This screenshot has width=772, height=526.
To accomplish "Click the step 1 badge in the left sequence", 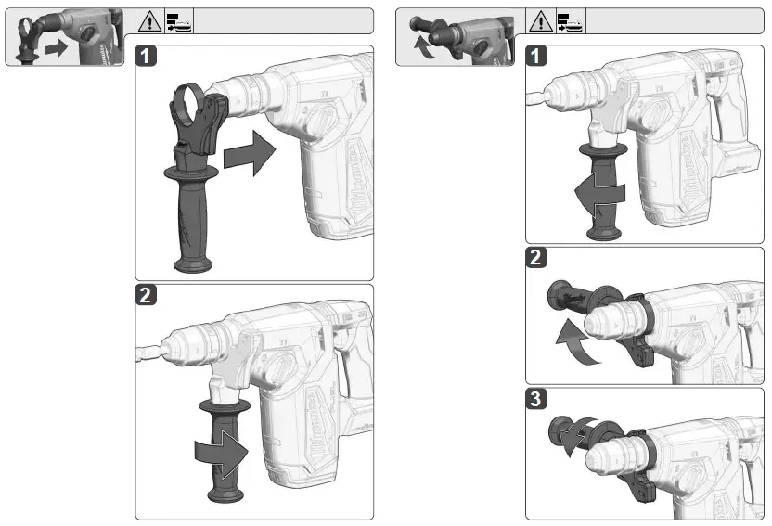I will (148, 57).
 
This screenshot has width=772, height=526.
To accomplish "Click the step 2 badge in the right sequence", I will (537, 259).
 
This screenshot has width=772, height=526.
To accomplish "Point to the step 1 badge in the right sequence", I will (537, 57).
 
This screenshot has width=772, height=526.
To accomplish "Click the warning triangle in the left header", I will (148, 21).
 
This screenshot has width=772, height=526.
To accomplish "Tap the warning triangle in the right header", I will (540, 21).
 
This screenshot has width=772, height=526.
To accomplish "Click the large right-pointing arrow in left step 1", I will (251, 153).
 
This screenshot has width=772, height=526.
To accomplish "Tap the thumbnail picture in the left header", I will (65, 37).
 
